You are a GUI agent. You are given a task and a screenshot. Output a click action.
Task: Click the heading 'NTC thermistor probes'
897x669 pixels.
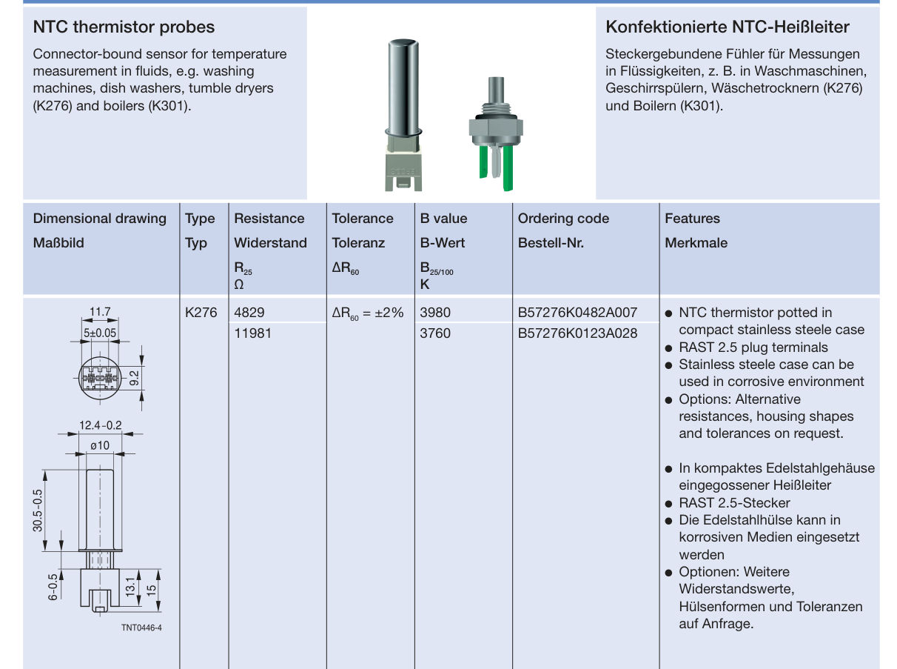[x=124, y=27]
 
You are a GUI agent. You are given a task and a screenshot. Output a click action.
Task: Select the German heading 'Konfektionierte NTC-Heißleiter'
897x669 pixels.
[x=727, y=27]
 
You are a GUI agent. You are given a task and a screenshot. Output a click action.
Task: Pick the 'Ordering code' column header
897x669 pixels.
[x=563, y=219]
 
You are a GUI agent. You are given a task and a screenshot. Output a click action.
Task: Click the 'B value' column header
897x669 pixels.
[x=443, y=219]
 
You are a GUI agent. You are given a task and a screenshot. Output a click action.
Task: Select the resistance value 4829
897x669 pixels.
[x=249, y=313]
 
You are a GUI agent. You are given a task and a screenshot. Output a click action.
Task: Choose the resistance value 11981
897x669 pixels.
[x=252, y=333]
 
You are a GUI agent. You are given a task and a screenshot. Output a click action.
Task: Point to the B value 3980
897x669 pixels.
[x=435, y=313]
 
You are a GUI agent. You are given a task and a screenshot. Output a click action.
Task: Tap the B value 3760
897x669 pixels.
[x=435, y=333]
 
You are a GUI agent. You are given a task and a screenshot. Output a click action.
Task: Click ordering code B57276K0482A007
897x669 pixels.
[x=577, y=313]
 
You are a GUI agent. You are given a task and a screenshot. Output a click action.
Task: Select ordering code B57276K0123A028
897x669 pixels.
[x=577, y=333]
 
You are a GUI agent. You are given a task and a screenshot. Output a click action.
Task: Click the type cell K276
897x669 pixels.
[x=201, y=313]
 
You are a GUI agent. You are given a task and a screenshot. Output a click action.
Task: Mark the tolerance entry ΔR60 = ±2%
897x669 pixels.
[x=368, y=313]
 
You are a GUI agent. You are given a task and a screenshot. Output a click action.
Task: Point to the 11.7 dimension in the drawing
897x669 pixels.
[x=100, y=313]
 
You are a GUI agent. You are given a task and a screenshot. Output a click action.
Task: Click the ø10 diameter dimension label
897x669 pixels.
[x=99, y=445]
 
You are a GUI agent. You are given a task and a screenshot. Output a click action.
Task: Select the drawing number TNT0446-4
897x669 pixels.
[x=141, y=628]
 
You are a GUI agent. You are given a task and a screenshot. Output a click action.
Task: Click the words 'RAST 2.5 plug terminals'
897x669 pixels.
[x=753, y=347]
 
